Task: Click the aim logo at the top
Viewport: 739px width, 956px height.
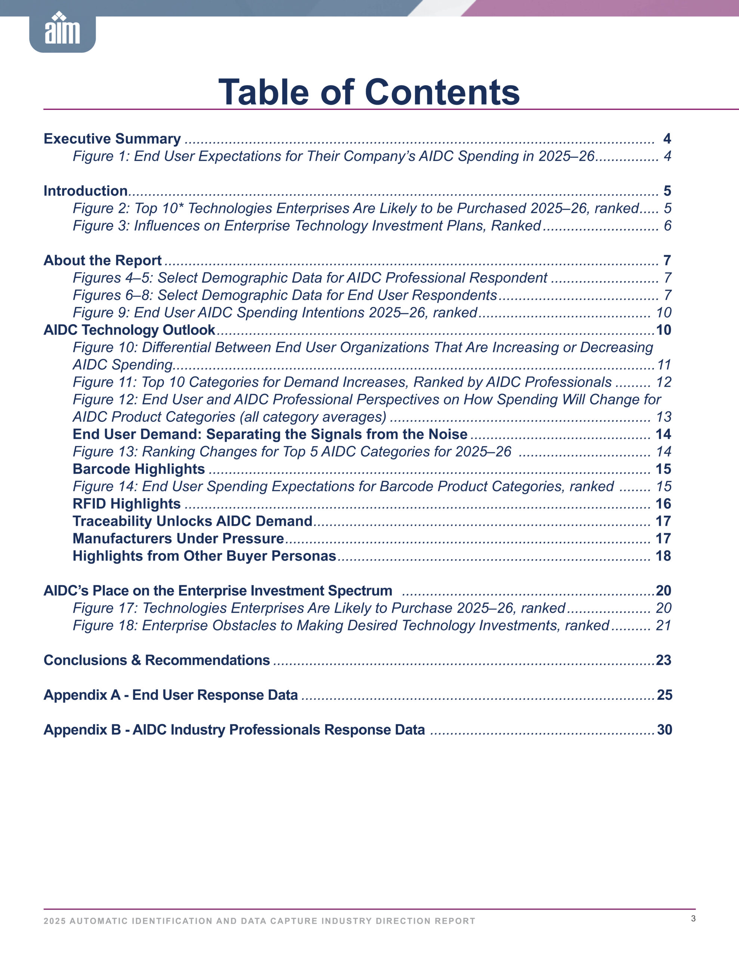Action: tap(62, 30)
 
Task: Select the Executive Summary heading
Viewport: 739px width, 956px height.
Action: tap(112, 139)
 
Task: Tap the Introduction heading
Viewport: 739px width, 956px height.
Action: tap(86, 191)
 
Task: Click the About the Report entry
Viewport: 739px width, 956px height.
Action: tap(102, 260)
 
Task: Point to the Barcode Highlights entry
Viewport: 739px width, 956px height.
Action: tap(139, 469)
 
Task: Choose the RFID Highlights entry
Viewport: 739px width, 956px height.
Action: tap(126, 504)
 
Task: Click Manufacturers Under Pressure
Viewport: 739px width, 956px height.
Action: tap(178, 538)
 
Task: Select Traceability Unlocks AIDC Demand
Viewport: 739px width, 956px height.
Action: tap(192, 521)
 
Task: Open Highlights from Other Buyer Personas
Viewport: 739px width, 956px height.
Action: tap(204, 556)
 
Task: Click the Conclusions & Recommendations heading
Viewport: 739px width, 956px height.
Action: tap(157, 660)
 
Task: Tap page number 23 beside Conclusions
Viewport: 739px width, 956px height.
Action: tap(663, 660)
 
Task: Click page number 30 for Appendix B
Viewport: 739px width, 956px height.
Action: tap(664, 730)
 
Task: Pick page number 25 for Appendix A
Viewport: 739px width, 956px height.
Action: tap(664, 695)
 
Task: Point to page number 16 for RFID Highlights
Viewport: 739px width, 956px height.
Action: tap(663, 504)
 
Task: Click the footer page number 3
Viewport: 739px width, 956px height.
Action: tap(693, 918)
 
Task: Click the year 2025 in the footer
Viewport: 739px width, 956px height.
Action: tap(54, 921)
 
